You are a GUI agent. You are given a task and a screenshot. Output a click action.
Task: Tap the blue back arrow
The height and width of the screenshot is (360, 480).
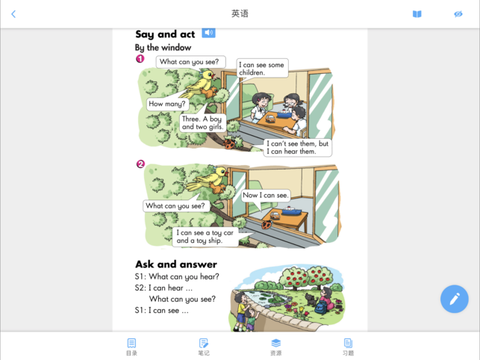click(x=13, y=13)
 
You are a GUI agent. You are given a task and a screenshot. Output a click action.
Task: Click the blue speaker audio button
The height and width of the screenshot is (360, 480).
click(x=208, y=32)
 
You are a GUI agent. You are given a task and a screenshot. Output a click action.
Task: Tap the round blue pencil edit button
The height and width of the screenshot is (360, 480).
click(x=455, y=299)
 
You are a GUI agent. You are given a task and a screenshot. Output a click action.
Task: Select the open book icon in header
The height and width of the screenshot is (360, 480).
click(x=417, y=13)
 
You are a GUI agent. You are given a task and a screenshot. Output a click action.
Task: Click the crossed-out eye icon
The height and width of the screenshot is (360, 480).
click(x=458, y=13)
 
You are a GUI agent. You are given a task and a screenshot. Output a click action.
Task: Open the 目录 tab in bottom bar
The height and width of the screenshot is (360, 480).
click(x=131, y=347)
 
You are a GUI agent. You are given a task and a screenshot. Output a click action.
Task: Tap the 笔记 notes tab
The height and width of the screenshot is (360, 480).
click(x=204, y=347)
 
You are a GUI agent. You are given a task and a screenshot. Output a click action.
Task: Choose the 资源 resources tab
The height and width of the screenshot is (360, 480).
click(x=275, y=347)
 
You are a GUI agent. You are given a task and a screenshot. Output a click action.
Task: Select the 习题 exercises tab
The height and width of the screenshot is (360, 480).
click(x=348, y=347)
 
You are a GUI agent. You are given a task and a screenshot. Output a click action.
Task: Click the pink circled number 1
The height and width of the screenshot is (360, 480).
click(x=140, y=58)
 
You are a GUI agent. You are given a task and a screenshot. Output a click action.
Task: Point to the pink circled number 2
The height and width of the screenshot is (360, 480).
click(x=140, y=164)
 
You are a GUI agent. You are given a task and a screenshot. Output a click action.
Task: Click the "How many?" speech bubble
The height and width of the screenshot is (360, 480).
click(x=167, y=104)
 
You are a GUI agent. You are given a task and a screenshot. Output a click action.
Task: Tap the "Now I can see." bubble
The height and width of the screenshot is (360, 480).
click(x=266, y=196)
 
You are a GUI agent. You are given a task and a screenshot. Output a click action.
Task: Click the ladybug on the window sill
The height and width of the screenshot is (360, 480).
click(x=267, y=226)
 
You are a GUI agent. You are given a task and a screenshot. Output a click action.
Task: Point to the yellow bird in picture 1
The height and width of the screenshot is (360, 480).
click(x=201, y=84)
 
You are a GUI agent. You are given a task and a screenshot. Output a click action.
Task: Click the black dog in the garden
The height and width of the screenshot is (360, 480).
click(x=311, y=300)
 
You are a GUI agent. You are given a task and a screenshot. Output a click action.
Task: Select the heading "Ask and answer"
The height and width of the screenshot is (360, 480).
click(x=176, y=264)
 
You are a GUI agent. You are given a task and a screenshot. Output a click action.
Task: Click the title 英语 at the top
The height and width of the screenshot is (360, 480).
click(x=240, y=13)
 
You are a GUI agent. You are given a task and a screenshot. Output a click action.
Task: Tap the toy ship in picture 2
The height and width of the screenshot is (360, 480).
click(x=291, y=211)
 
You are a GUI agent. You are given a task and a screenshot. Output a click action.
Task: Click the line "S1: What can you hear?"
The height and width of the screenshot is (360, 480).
click(x=177, y=276)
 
